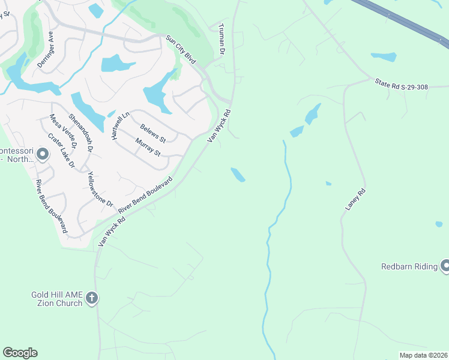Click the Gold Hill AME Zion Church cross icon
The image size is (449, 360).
[91, 298]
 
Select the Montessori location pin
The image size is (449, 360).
[42, 155]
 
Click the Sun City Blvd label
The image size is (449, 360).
[181, 50]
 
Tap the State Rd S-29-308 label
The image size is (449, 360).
[401, 86]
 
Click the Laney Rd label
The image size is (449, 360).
[355, 199]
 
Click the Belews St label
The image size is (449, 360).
[153, 133]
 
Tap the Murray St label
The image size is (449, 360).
[148, 147]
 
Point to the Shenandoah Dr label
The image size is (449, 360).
[81, 132]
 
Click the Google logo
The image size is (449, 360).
[20, 353]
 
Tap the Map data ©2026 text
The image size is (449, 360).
[424, 355]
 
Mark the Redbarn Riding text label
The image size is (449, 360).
[410, 266]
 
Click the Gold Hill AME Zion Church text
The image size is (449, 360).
[56, 299]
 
